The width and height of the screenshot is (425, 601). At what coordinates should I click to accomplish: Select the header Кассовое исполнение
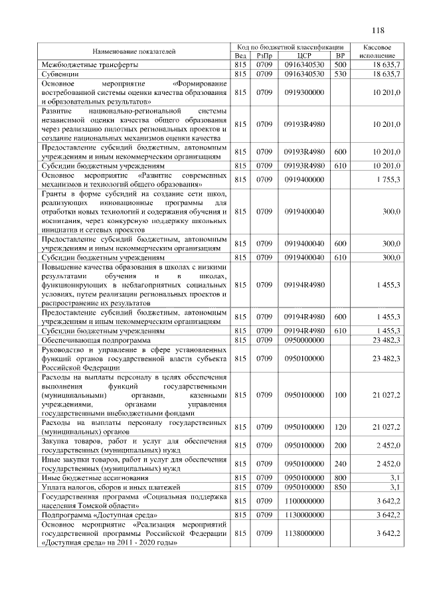pyautogui.click(x=377, y=51)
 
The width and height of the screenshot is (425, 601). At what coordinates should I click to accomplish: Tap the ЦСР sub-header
pyautogui.click(x=305, y=56)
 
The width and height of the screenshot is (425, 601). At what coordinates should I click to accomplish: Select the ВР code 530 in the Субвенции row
pyautogui.click(x=340, y=74)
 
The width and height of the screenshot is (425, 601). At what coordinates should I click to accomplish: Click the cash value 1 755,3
pyautogui.click(x=387, y=179)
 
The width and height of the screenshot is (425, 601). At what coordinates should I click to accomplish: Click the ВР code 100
pyautogui.click(x=340, y=395)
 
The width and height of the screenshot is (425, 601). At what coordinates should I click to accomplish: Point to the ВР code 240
pyautogui.click(x=340, y=464)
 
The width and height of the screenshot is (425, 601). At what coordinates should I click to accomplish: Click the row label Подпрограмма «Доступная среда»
pyautogui.click(x=100, y=515)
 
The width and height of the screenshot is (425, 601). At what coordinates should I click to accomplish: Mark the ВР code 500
pyautogui.click(x=340, y=65)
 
